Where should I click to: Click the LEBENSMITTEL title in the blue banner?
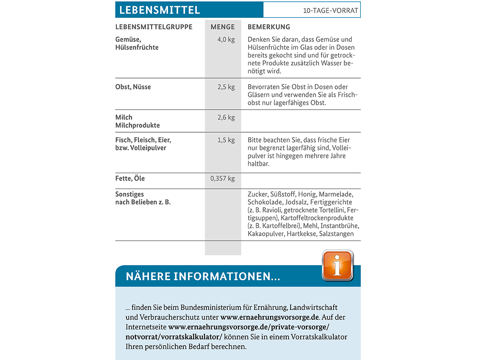160,10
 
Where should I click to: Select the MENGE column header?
223,27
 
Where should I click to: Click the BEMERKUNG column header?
269,27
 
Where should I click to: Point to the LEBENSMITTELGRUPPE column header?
154,27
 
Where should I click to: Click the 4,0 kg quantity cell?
226,40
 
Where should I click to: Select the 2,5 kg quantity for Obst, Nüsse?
226,87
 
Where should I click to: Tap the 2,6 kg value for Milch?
226,117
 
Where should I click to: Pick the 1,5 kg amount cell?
226,140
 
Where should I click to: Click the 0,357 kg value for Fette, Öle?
223,178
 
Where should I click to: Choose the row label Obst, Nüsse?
133,87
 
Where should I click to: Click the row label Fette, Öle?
130,178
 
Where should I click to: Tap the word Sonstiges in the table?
130,194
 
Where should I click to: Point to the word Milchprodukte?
137,126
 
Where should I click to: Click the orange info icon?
337,265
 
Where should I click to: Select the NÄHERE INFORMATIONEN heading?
203,276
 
